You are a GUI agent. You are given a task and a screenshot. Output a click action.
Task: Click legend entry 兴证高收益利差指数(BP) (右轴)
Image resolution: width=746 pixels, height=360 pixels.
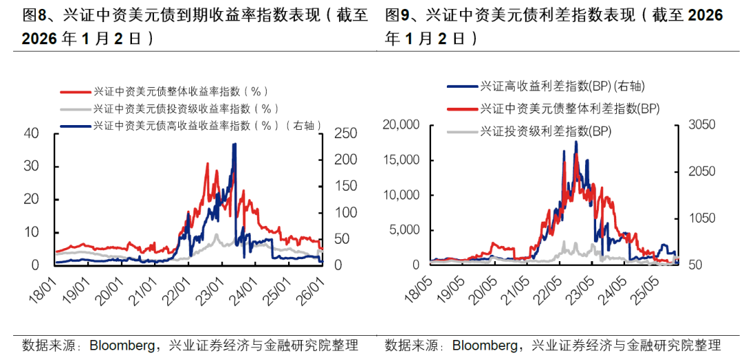click(566, 86)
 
